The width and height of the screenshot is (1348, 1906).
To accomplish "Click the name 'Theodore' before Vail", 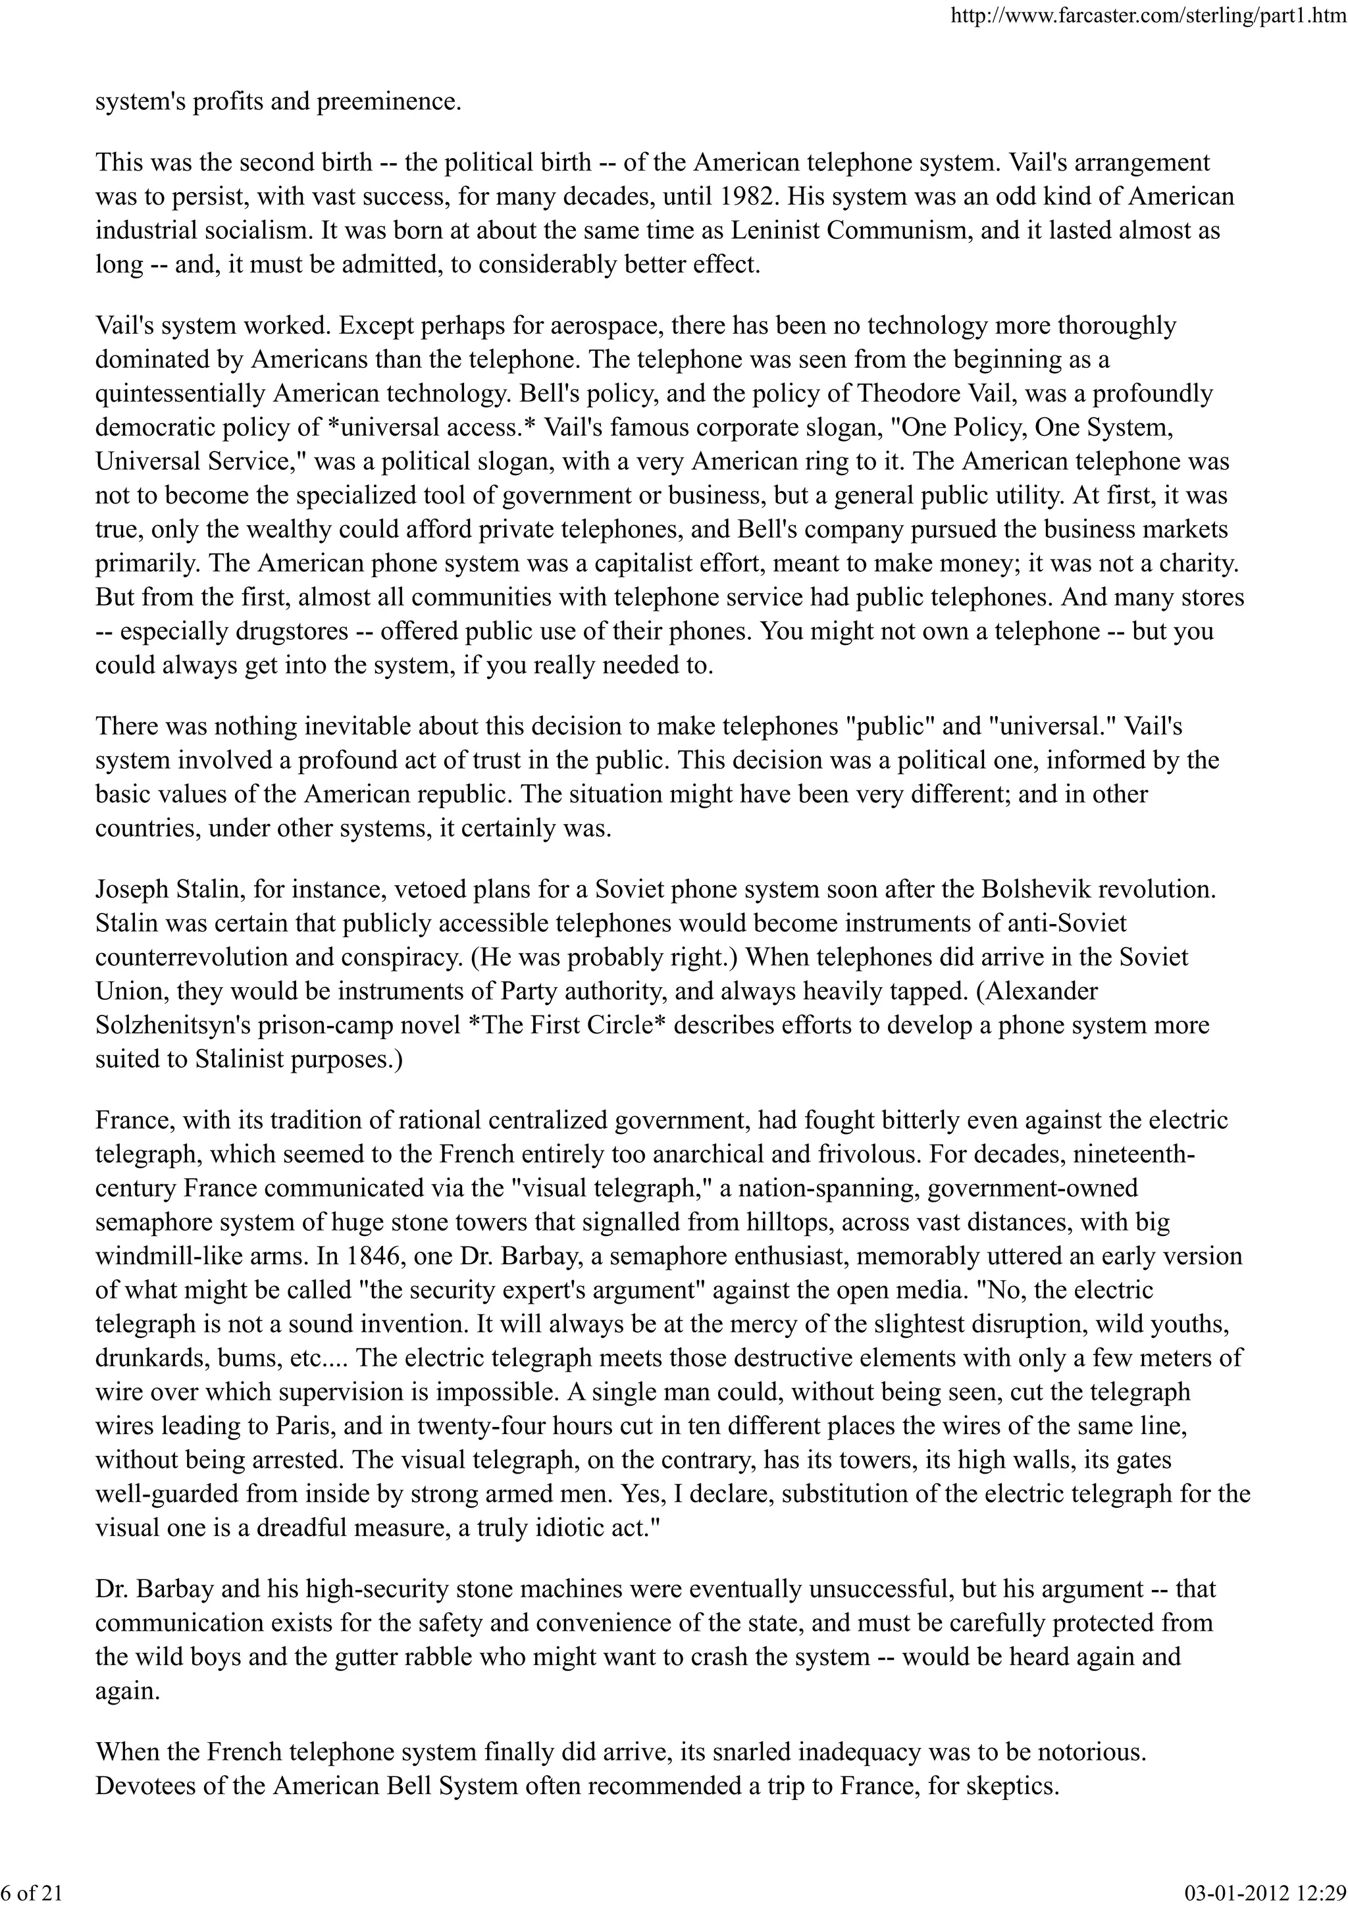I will [x=902, y=394].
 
